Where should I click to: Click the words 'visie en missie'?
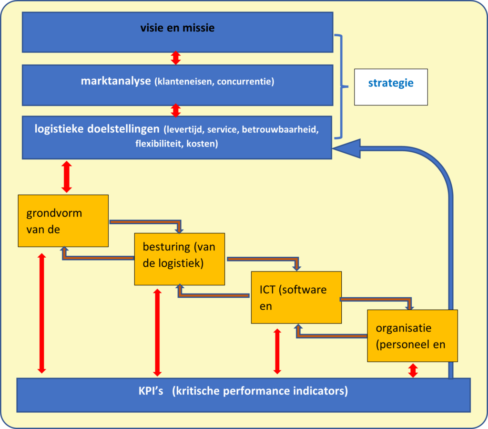point(177,28)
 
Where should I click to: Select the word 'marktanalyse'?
point(115,81)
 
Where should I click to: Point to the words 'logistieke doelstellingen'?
point(97,129)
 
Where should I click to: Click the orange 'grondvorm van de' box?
point(63,220)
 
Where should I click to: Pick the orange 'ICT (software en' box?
point(296,297)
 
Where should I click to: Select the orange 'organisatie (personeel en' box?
point(412,335)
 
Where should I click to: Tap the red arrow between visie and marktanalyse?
point(176,58)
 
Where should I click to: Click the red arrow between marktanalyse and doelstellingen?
point(176,110)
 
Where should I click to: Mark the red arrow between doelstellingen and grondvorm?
point(67,177)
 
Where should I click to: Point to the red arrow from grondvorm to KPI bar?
point(42,313)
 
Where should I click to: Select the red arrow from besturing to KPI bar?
point(157,332)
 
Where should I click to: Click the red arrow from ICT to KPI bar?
point(277,351)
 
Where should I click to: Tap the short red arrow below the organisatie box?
point(413,370)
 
